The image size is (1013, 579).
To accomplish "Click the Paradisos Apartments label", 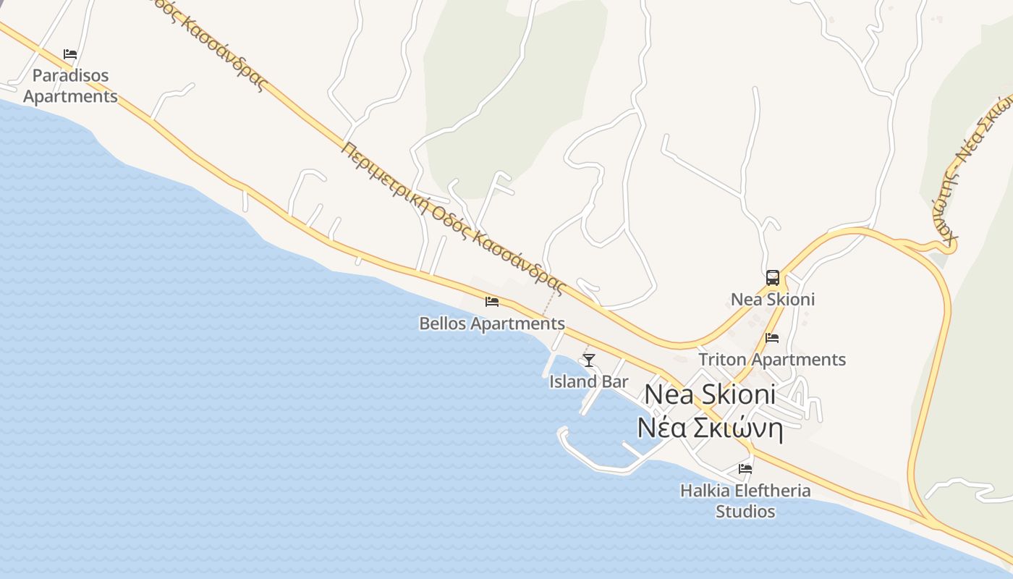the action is [70, 85].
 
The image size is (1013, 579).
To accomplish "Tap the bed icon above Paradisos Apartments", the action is [70, 54].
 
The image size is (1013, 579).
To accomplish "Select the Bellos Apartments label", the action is [492, 324].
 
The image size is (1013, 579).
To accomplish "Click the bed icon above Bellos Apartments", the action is [492, 301].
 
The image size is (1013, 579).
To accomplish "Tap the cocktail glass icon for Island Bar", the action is [589, 360].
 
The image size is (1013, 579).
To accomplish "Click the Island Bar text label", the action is [588, 381].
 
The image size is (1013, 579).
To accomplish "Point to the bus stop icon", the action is [773, 277].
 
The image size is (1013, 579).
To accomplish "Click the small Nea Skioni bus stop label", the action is [773, 300].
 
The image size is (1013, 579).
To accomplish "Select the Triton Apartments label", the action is [772, 360].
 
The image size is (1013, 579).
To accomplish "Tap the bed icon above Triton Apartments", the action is [772, 337].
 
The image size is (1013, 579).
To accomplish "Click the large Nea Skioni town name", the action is [710, 394].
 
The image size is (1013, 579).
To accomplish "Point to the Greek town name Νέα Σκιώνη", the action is [710, 428].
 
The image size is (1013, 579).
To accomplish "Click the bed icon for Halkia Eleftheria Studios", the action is [745, 468].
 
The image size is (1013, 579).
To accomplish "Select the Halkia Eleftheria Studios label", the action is [745, 501].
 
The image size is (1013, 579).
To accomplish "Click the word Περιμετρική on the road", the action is [386, 177].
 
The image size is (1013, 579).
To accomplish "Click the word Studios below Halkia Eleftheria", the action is [745, 512].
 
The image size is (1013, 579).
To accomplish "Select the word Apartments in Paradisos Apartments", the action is [70, 96].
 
